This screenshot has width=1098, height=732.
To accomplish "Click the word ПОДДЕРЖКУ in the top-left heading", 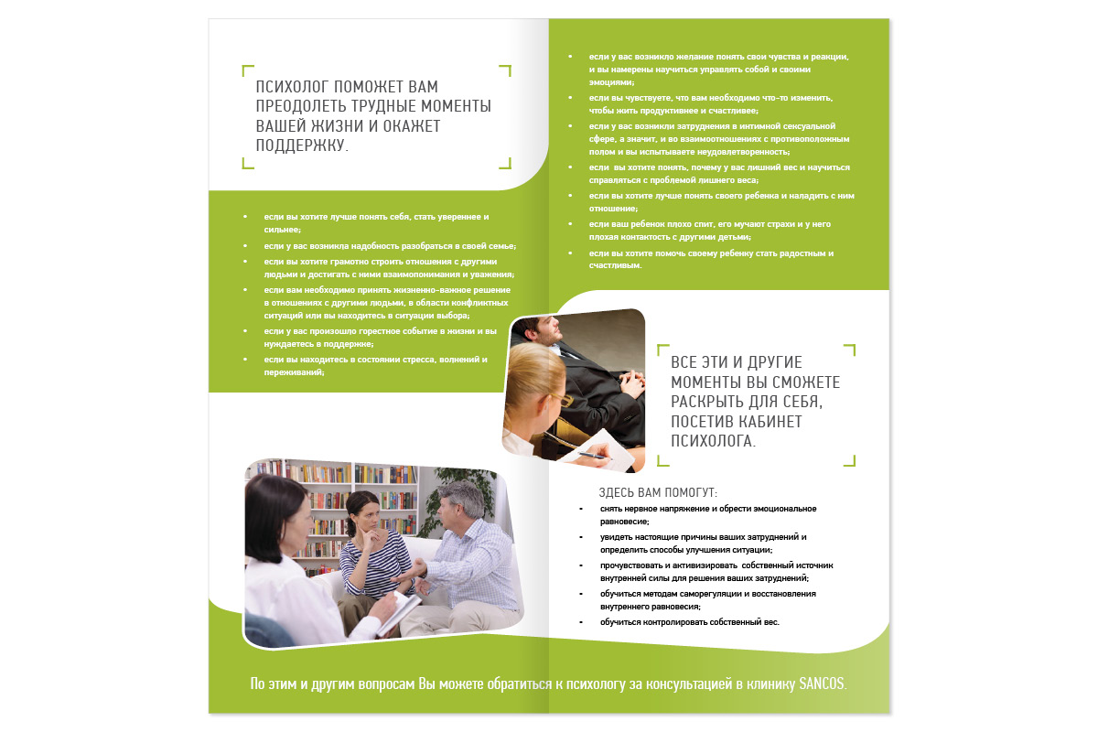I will (298, 145).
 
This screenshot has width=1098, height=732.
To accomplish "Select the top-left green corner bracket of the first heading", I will (247, 70).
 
